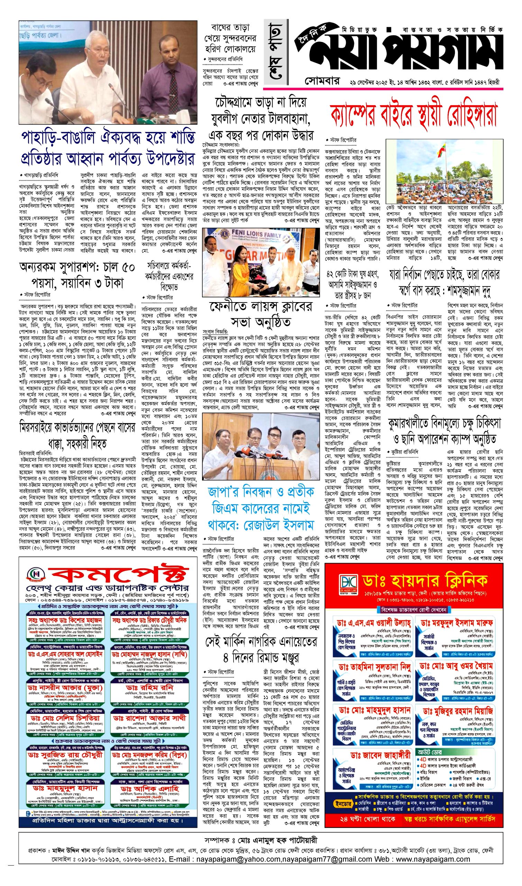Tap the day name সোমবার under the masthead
(322, 82)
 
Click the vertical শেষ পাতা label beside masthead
(273, 53)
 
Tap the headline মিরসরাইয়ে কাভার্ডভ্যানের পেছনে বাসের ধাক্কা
(77, 437)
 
